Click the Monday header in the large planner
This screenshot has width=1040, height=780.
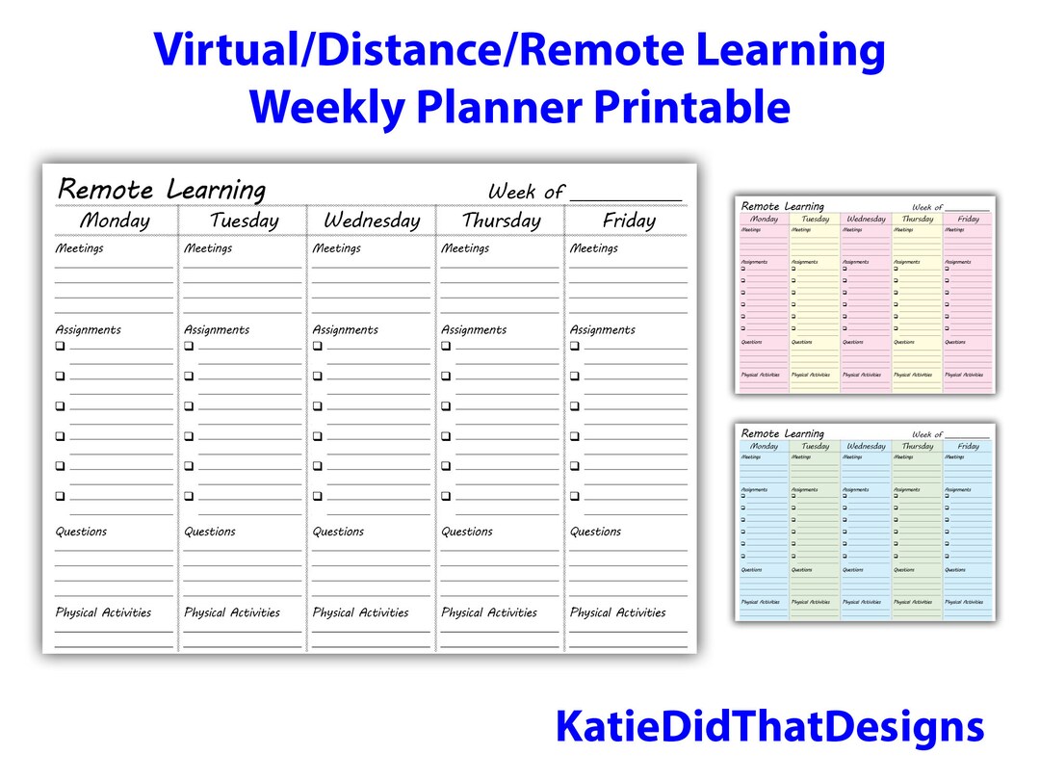tap(115, 221)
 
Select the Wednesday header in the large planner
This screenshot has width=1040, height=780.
tap(372, 221)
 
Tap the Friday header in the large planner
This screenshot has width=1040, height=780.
tap(629, 221)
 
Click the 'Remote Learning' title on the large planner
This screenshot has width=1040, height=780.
tap(162, 189)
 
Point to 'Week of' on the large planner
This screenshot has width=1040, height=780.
tap(526, 192)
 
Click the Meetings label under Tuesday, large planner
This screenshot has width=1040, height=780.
tap(208, 248)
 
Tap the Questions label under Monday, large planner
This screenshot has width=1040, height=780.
tap(81, 532)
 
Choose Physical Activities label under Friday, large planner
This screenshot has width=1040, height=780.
tap(617, 612)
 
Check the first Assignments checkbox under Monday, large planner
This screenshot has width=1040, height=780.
tap(60, 346)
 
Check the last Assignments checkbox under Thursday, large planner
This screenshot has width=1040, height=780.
tap(447, 497)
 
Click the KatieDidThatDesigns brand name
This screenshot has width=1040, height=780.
tap(769, 727)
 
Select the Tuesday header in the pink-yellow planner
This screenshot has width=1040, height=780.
tap(815, 219)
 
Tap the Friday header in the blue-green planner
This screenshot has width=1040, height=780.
tap(968, 446)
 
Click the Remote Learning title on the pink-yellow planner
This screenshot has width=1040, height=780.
tap(782, 206)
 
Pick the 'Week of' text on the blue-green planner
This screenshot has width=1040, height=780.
tap(927, 435)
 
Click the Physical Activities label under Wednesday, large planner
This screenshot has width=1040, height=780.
tap(360, 612)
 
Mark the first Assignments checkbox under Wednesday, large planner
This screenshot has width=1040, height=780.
tap(317, 346)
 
